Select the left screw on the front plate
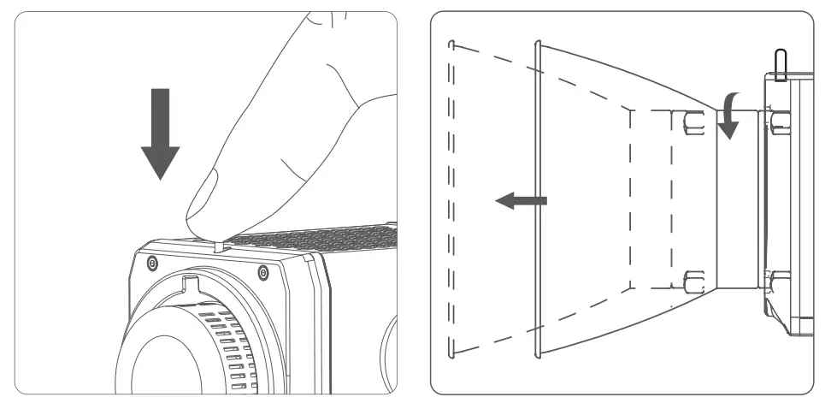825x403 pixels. pyautogui.click(x=151, y=261)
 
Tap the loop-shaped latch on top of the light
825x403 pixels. pyautogui.click(x=780, y=65)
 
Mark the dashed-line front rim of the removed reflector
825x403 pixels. pyautogui.click(x=451, y=197)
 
